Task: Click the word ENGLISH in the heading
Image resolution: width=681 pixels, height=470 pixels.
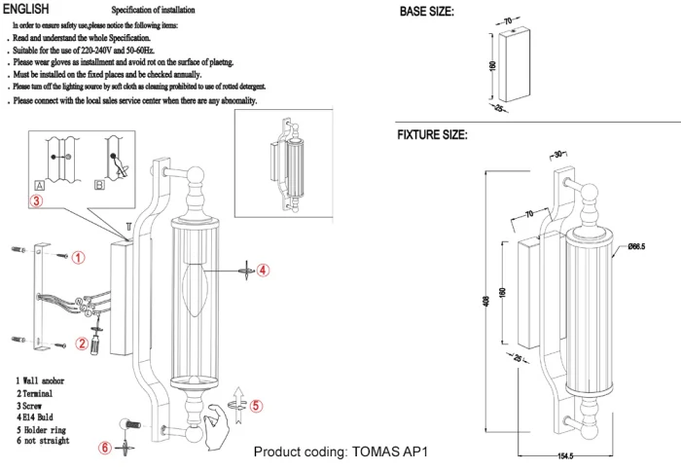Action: pos(29,9)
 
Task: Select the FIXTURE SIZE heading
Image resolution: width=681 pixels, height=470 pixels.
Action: pos(432,135)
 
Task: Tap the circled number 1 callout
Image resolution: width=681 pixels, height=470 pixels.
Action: pos(79,257)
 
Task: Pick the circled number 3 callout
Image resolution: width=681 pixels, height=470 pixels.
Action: pos(35,201)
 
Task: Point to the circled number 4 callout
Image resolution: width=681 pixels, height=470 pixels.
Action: pos(263,270)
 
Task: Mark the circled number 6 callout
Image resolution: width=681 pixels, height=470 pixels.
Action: pos(105,447)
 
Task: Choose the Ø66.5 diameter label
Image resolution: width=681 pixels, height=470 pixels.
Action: pos(637,247)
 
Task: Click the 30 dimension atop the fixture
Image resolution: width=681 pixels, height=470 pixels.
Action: pos(558,155)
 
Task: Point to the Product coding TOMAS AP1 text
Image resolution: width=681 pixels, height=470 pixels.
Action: pos(340,452)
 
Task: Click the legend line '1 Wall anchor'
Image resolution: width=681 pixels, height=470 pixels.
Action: pos(40,380)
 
